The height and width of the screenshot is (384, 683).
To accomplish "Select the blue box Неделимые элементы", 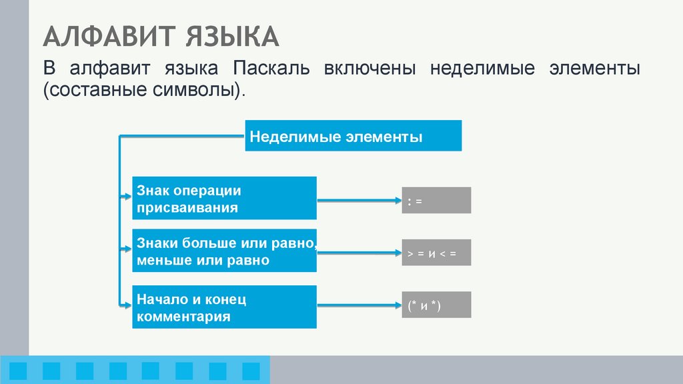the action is (x=353, y=135).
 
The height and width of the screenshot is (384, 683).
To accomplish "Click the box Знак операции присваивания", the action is (x=224, y=198).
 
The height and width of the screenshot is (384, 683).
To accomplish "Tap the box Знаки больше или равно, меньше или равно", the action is (x=224, y=251).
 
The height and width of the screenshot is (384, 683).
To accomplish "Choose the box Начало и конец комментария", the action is (x=224, y=307).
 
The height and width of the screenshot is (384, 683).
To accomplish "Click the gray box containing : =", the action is (x=436, y=200).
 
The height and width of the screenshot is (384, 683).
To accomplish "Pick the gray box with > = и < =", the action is (x=436, y=253).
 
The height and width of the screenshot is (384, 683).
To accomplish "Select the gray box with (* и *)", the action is (x=436, y=305).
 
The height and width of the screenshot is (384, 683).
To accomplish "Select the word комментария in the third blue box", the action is (x=183, y=317).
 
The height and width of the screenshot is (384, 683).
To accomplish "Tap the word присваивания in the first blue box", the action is (x=187, y=207).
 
